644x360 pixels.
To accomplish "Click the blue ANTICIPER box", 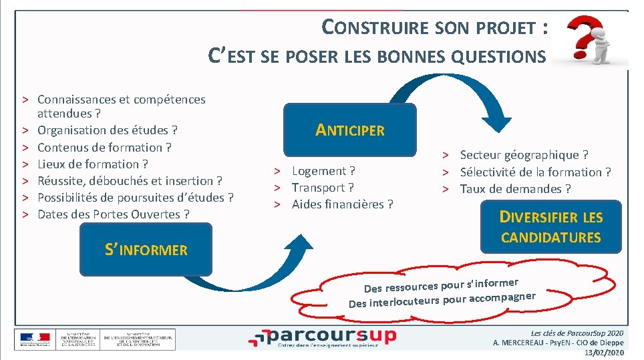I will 350,130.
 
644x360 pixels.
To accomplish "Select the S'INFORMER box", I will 146,250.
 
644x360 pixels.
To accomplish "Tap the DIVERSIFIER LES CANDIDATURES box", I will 551,226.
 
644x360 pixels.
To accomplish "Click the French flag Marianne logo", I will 34,339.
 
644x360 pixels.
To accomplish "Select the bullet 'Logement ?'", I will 323,171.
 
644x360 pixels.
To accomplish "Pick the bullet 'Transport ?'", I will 323,188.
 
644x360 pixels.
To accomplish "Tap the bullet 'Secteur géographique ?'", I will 524,155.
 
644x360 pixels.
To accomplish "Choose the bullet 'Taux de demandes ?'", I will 515,189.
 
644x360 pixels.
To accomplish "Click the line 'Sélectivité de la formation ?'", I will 535,172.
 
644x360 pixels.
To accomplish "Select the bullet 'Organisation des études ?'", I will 108,130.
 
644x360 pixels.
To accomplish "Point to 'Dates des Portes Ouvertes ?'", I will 114,214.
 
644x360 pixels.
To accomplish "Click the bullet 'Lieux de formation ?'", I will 93,164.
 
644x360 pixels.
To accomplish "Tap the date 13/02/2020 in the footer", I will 604,353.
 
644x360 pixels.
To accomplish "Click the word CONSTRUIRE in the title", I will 375,27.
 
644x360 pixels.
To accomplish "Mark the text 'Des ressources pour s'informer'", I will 441,281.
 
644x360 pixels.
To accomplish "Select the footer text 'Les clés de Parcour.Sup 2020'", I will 577,333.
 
